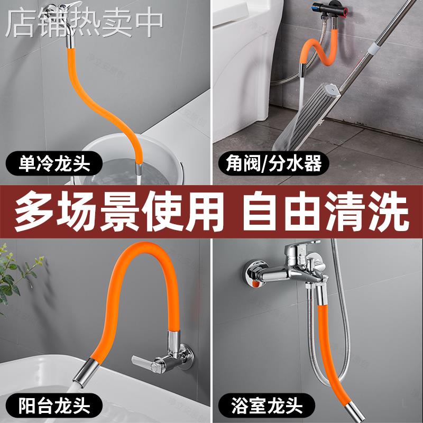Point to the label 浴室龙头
pyautogui.click(x=268, y=407)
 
